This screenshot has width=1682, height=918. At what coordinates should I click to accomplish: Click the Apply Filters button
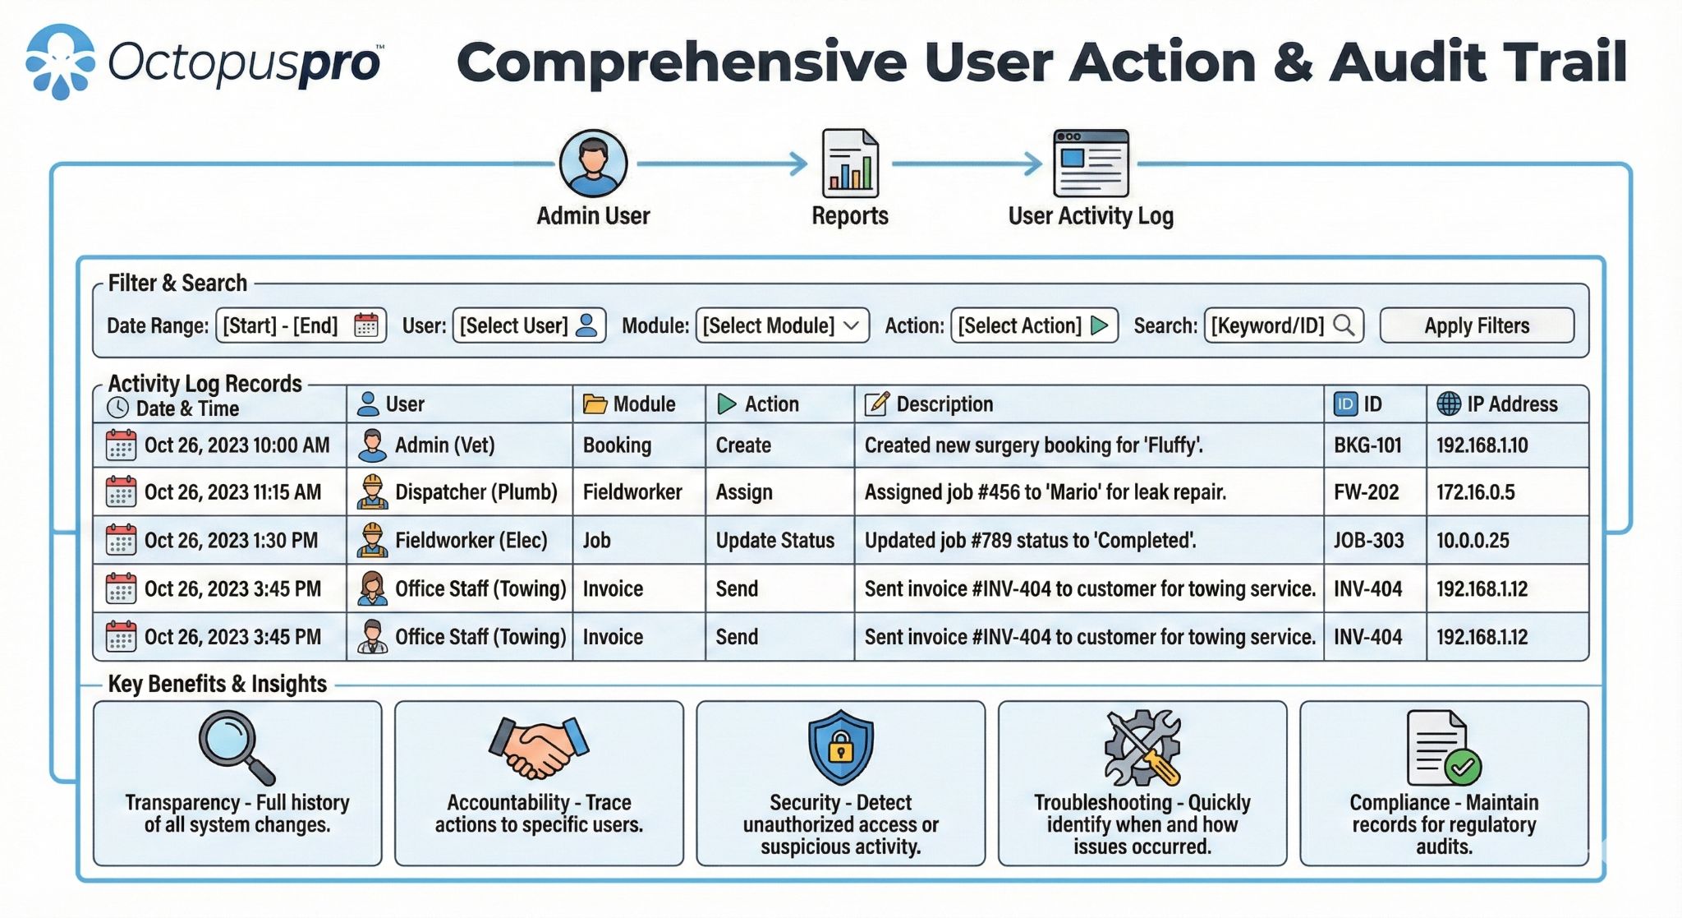tap(1476, 325)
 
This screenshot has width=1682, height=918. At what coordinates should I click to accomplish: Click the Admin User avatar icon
tap(593, 163)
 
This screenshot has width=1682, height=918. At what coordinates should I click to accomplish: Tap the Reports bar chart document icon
tap(850, 164)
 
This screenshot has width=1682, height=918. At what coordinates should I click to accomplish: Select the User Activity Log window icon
tap(1091, 163)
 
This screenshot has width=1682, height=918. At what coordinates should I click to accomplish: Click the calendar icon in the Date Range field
tap(366, 325)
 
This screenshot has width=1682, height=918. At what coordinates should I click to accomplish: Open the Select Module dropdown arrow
tap(852, 325)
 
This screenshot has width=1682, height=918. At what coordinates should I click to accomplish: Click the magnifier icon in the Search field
tap(1344, 325)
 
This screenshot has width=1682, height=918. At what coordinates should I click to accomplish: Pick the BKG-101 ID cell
tap(1367, 445)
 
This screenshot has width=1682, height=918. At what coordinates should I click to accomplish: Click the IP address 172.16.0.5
tap(1475, 492)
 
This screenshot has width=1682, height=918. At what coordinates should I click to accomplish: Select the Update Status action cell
tap(774, 541)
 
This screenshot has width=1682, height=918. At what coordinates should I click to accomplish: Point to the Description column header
tap(944, 404)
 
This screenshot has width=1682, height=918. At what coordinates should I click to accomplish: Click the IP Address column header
tap(1511, 404)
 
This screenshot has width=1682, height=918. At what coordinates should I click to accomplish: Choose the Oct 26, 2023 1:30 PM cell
tap(230, 541)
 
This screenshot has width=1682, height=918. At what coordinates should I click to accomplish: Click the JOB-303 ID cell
tap(1368, 541)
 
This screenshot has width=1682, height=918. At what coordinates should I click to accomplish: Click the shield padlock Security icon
tap(840, 746)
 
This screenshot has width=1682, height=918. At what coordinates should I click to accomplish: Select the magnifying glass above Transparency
tap(236, 746)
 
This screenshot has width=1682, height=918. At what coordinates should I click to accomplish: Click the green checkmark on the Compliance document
tap(1463, 768)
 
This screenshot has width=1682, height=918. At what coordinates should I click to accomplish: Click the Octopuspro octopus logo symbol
tap(60, 62)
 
